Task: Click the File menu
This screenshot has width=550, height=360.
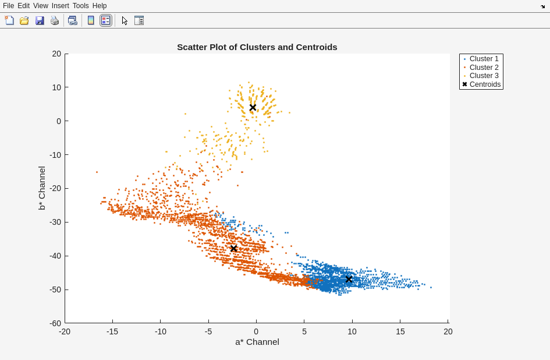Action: click(x=8, y=6)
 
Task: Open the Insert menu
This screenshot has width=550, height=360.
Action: click(x=60, y=6)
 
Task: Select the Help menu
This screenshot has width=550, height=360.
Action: click(x=100, y=6)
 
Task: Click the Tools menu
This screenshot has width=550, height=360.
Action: click(x=81, y=6)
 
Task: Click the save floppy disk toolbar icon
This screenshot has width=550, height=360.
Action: click(x=40, y=20)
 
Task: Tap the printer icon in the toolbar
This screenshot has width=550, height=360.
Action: click(x=55, y=20)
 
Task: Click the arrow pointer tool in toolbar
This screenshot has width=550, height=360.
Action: click(x=125, y=20)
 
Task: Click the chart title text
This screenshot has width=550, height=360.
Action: click(x=257, y=47)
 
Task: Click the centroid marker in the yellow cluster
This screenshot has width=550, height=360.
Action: click(x=253, y=108)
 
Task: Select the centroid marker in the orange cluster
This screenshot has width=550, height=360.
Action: click(x=233, y=249)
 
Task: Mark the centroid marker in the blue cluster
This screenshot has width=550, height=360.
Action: click(x=349, y=280)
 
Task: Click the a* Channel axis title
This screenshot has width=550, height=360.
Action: click(x=257, y=342)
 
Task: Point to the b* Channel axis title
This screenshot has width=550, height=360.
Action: click(x=42, y=188)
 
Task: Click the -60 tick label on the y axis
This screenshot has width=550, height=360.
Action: click(x=55, y=323)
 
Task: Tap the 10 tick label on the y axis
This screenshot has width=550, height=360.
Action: click(x=57, y=87)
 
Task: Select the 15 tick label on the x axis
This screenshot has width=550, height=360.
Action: click(x=400, y=331)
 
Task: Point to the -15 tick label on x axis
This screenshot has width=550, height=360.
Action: click(x=112, y=331)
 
